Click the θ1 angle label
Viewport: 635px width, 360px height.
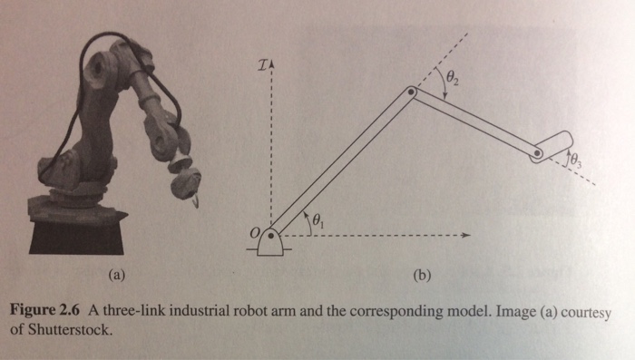click(x=317, y=219)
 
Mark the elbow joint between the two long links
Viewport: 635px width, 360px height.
click(x=411, y=92)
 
